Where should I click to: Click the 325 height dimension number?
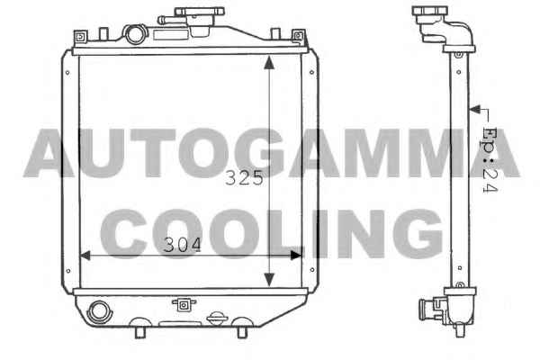(x=244, y=178)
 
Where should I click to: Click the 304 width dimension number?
(x=182, y=245)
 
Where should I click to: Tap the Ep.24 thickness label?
(x=490, y=159)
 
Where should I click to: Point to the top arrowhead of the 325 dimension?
(x=269, y=63)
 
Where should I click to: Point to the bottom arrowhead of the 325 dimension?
(x=269, y=279)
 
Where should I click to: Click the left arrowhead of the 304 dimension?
(x=85, y=256)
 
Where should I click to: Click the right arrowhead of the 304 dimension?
(x=296, y=256)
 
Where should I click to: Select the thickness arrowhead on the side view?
(x=475, y=110)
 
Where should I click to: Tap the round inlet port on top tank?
(x=136, y=34)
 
